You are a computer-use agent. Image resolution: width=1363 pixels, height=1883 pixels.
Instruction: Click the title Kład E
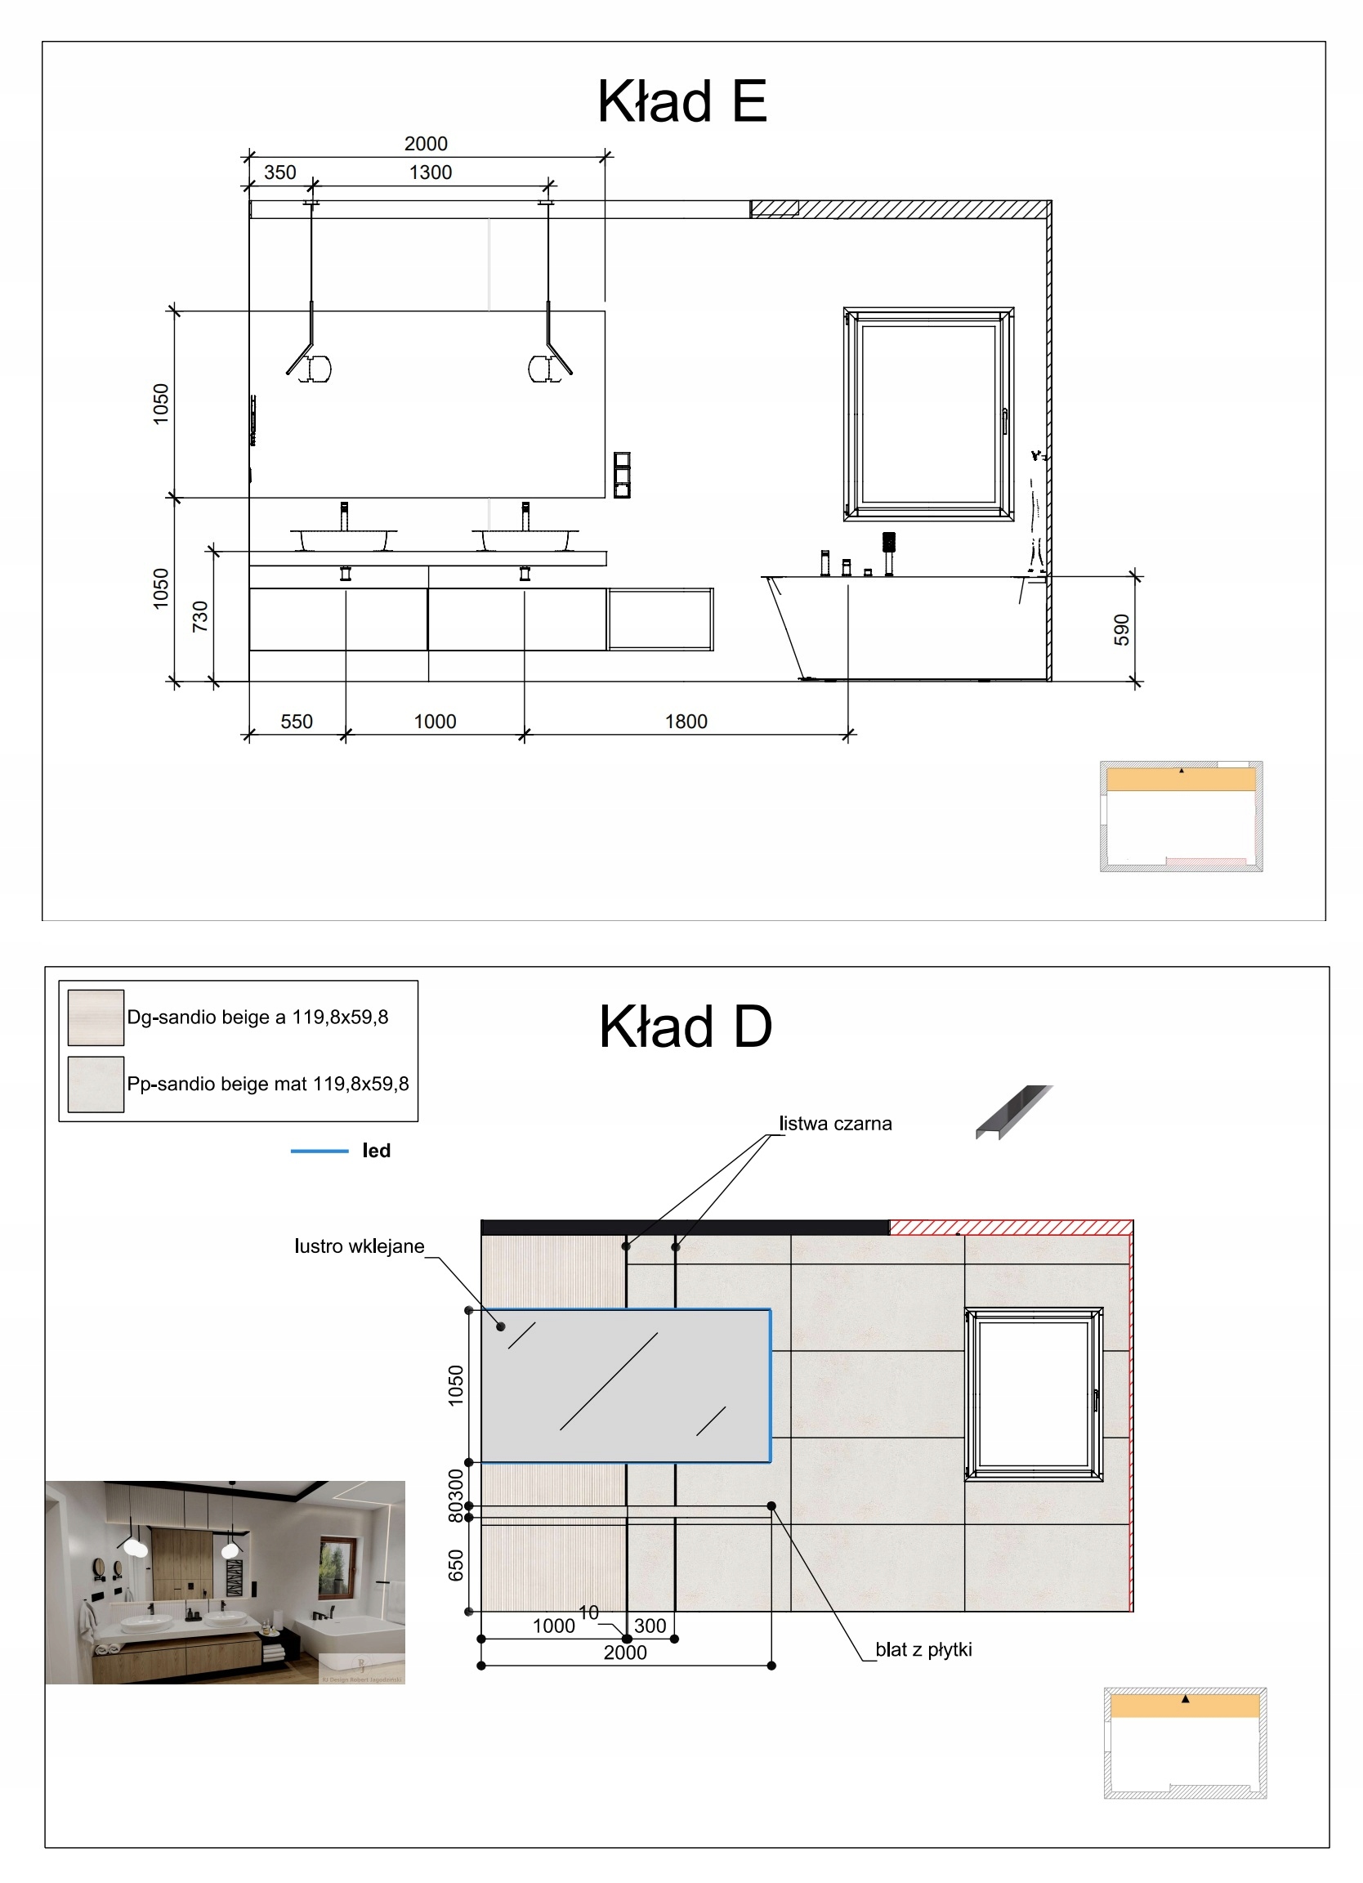(x=681, y=101)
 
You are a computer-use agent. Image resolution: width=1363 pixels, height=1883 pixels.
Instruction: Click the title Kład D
(x=685, y=1027)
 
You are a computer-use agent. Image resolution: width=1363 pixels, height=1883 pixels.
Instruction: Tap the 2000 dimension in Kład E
(x=426, y=144)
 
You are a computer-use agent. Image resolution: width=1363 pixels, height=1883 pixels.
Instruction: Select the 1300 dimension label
(x=430, y=172)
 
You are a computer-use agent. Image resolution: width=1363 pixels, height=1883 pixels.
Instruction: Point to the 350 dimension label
(x=279, y=172)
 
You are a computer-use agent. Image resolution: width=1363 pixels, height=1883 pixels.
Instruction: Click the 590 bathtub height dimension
(x=1121, y=629)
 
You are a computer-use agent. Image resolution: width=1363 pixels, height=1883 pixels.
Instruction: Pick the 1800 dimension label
(x=686, y=722)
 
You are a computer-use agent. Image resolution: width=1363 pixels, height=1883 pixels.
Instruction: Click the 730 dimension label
(x=200, y=617)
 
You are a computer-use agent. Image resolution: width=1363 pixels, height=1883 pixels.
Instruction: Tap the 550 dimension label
(x=297, y=722)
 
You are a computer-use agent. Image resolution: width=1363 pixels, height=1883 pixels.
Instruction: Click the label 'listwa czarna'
(x=835, y=1123)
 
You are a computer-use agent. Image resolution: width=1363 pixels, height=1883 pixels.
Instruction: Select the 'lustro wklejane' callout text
(x=359, y=1246)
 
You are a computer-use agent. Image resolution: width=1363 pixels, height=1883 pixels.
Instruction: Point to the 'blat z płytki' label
(x=923, y=1650)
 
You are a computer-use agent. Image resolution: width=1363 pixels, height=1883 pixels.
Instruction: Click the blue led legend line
(x=319, y=1151)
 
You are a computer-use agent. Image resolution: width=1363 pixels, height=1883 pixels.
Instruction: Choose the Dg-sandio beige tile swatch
(x=96, y=1017)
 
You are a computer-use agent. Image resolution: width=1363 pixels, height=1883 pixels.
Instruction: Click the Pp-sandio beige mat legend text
(x=267, y=1084)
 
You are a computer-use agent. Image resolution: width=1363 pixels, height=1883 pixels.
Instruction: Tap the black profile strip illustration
(x=1012, y=1111)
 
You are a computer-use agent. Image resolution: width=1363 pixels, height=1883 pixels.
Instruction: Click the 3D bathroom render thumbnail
(x=225, y=1581)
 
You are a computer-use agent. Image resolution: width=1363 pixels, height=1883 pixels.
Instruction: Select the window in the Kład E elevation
(x=928, y=414)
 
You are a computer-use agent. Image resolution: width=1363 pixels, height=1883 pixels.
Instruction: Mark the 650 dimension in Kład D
(x=456, y=1565)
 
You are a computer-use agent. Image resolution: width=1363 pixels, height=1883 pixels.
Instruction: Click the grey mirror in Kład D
(x=626, y=1385)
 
